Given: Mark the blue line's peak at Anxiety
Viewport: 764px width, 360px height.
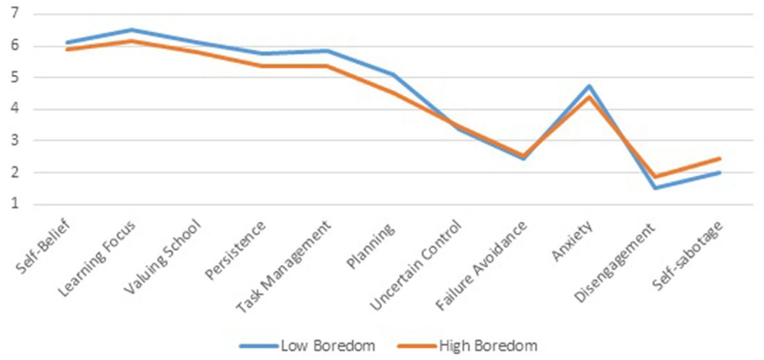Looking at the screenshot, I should pos(589,86).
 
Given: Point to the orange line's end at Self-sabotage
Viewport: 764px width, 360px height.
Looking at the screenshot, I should pos(720,158).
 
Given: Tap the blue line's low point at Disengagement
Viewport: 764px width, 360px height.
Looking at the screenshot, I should pos(655,188).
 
